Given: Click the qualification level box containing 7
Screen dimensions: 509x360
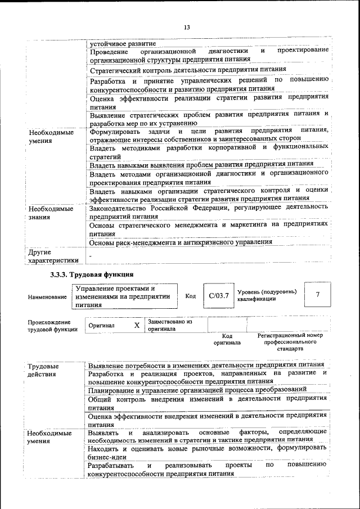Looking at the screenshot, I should point(317,295).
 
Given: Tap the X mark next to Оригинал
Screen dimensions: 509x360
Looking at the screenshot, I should point(137,325).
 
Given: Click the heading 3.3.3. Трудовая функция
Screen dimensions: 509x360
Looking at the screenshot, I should point(88,274).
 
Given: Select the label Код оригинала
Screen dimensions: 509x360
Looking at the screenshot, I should point(227,339).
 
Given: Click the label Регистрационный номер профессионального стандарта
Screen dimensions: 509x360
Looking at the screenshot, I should point(290,341).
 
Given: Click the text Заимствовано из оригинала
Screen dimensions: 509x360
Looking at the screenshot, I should point(169,325).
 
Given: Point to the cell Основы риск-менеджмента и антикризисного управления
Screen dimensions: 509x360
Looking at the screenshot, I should point(181,242).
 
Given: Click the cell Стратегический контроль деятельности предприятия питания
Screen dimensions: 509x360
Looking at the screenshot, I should point(188,70).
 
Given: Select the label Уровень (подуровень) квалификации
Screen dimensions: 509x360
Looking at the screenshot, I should point(266,295).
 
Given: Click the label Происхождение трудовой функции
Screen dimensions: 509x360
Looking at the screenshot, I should point(52,326).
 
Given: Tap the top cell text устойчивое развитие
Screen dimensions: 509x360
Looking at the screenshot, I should point(123,43).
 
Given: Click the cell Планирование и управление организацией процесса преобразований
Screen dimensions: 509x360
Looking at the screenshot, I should point(197,389).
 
